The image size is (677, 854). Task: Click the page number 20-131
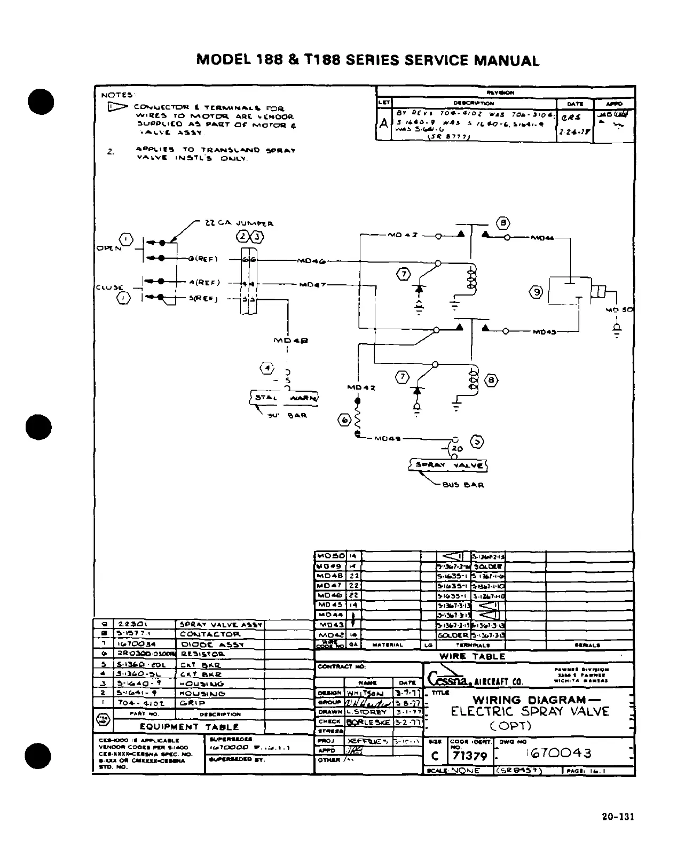(617, 817)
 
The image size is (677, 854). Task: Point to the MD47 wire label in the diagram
(312, 284)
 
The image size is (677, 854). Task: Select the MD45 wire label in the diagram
(544, 332)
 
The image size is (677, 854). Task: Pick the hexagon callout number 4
(267, 368)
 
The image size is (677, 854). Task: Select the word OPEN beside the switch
(108, 249)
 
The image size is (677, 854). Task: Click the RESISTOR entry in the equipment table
(203, 654)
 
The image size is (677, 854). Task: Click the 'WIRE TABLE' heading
(472, 656)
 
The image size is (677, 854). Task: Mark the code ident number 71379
(468, 756)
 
